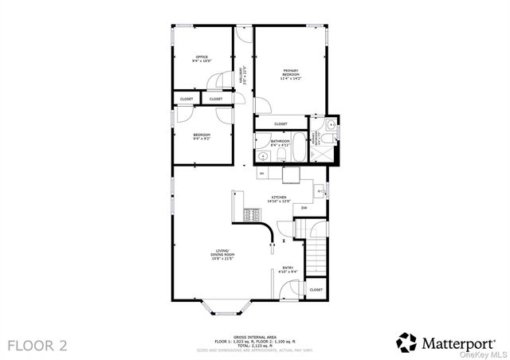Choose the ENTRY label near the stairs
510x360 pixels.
click(288, 269)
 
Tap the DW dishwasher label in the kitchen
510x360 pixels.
click(304, 208)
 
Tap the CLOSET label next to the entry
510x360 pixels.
click(316, 290)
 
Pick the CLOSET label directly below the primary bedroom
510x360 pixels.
click(280, 124)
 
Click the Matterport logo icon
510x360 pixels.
click(406, 342)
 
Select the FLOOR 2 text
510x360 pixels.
click(38, 345)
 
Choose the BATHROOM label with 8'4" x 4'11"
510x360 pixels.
click(280, 144)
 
